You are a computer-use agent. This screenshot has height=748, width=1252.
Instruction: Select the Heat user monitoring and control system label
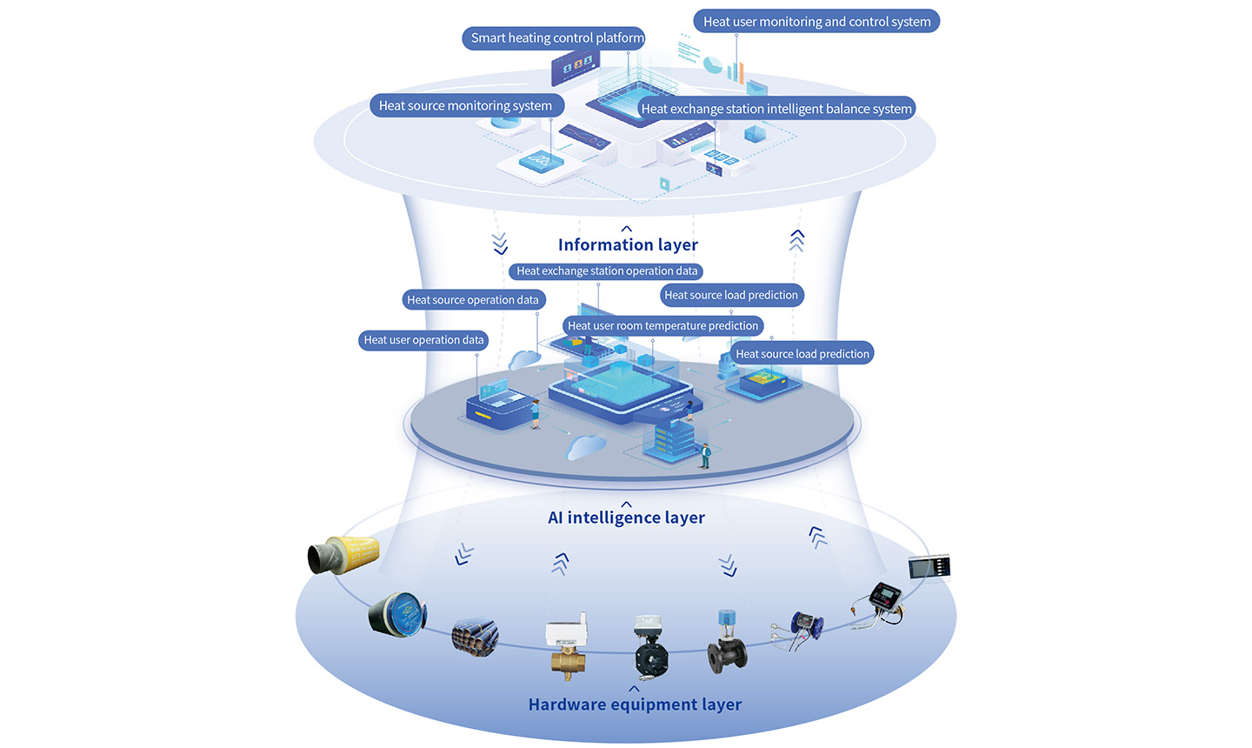click(816, 22)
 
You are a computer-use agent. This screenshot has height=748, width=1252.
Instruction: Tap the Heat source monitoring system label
click(465, 106)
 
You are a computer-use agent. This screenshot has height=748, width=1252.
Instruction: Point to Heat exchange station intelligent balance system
click(776, 109)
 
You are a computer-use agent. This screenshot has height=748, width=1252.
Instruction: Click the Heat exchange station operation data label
click(606, 271)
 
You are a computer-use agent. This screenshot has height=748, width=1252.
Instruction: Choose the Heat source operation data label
click(473, 300)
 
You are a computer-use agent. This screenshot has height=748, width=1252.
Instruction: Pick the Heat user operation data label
click(423, 340)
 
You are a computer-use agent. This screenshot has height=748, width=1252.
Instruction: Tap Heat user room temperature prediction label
click(663, 326)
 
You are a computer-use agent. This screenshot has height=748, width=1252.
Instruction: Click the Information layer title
click(628, 245)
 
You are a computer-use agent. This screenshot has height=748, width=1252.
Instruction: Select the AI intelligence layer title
click(626, 518)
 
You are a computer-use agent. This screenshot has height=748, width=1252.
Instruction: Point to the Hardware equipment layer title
click(635, 705)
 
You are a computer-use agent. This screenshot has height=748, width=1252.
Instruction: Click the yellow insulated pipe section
click(344, 554)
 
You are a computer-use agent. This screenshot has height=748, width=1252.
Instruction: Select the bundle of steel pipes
click(475, 638)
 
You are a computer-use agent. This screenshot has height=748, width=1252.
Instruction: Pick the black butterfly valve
click(650, 649)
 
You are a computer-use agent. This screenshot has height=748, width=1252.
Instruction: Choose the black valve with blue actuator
click(726, 643)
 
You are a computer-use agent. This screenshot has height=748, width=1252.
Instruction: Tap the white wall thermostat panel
click(929, 567)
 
